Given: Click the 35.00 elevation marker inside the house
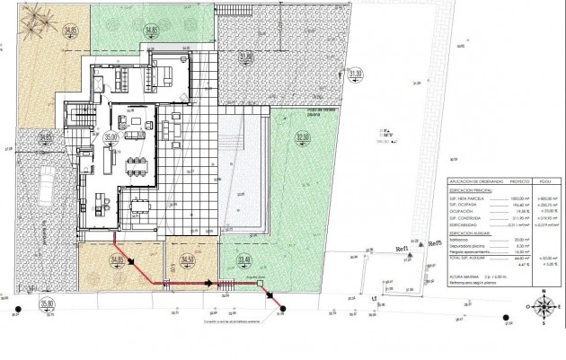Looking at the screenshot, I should [111, 136].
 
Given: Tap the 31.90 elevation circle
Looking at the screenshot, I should [245, 56].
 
